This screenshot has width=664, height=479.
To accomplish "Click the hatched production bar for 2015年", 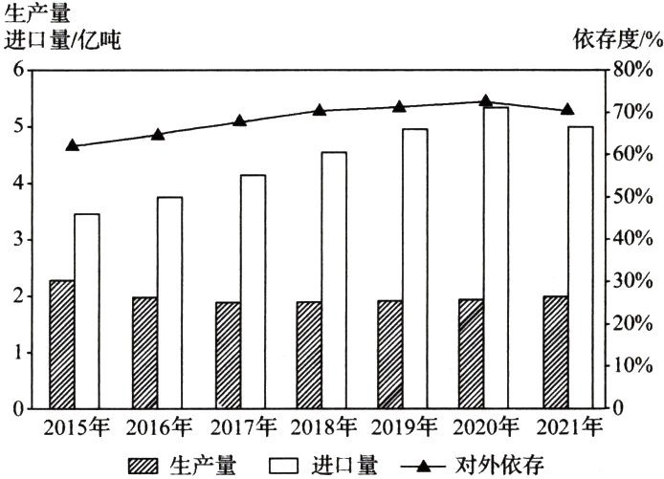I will (x=62, y=344).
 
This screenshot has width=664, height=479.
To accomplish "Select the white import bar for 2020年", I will (x=496, y=258).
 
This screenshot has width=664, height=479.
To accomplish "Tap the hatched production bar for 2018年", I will (x=308, y=355).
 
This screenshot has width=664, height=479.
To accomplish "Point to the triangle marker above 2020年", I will (x=485, y=100).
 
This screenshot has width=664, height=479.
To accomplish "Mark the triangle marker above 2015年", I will (x=73, y=145).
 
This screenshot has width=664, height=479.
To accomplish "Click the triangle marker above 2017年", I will (x=239, y=120).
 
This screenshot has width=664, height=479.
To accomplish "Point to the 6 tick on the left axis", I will (x=18, y=70).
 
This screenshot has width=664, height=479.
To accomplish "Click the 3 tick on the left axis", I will (x=18, y=239).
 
